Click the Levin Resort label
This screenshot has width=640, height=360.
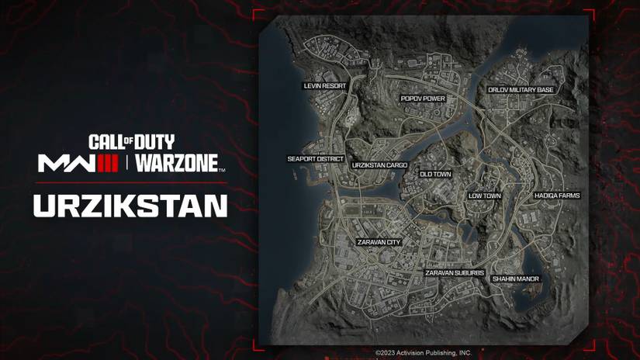click(x=324, y=85)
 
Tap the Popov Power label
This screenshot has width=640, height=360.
click(x=423, y=99)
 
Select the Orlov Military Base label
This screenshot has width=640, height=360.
click(x=521, y=90)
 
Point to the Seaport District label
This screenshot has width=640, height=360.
click(x=315, y=159)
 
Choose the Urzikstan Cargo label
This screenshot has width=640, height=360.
click(x=379, y=165)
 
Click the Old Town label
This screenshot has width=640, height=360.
click(x=435, y=175)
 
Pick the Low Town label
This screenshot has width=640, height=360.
click(x=485, y=196)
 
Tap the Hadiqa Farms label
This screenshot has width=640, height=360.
click(x=557, y=196)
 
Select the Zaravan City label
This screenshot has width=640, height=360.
click(x=379, y=242)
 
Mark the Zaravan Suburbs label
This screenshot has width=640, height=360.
click(x=455, y=273)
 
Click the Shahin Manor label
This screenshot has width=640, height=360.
click(x=515, y=279)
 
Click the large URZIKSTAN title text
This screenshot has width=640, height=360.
click(x=130, y=206)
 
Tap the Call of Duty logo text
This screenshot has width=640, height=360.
click(x=131, y=142)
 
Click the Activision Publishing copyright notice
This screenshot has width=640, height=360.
click(x=423, y=353)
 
